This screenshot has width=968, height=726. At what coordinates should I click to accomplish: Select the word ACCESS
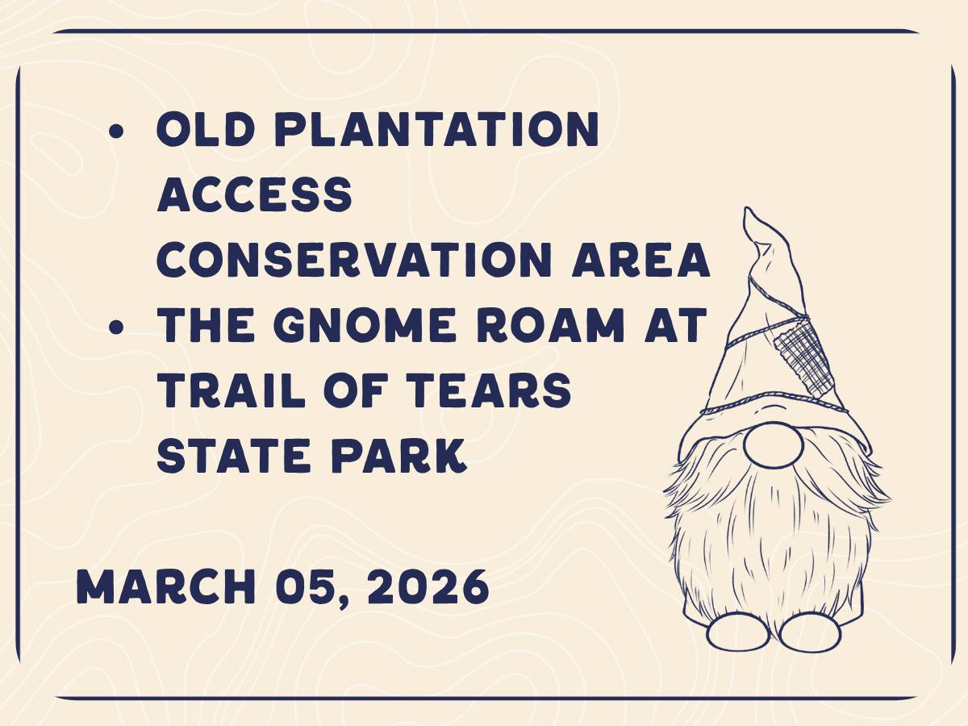click(255, 194)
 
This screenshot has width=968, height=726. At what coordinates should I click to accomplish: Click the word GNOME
click(365, 325)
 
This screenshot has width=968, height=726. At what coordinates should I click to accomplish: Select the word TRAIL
click(231, 390)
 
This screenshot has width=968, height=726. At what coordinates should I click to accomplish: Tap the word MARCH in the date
click(166, 586)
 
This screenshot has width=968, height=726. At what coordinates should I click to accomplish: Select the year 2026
click(428, 586)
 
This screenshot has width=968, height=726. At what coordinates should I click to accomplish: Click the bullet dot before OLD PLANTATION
click(116, 131)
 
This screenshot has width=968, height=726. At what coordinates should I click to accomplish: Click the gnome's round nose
click(774, 444)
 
